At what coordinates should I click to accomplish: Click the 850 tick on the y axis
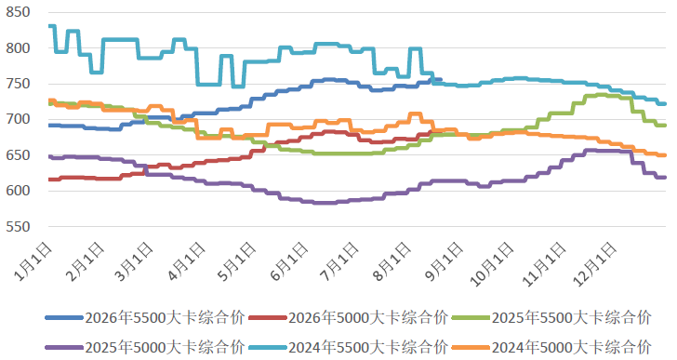pos(19,12)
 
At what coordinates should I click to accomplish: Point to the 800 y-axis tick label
pos(19,48)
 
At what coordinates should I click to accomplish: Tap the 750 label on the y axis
pos(19,84)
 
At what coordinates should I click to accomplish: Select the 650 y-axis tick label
pos(19,155)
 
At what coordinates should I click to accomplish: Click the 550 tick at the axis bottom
pos(19,227)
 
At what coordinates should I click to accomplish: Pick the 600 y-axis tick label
pos(19,191)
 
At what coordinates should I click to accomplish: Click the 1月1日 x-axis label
pos(33,261)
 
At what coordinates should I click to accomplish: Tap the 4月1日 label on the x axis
pos(187,261)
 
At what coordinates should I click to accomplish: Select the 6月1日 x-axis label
pos(290,261)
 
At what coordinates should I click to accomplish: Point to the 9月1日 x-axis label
pos(444,261)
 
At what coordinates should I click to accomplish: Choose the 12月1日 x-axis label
pos(595,264)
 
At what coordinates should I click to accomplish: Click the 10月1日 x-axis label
pos(492,264)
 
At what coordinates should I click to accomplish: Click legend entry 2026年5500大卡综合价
pos(145,318)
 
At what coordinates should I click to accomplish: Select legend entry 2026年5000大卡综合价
pos(349,318)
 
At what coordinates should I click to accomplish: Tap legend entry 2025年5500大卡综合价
pos(552,318)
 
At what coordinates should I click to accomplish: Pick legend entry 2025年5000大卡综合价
pos(145,347)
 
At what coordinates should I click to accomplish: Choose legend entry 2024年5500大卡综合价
pos(349,347)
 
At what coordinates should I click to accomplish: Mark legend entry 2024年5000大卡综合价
pos(552,347)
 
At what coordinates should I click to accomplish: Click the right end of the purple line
pos(665,178)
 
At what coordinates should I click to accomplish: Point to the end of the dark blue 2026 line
pos(440,79)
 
